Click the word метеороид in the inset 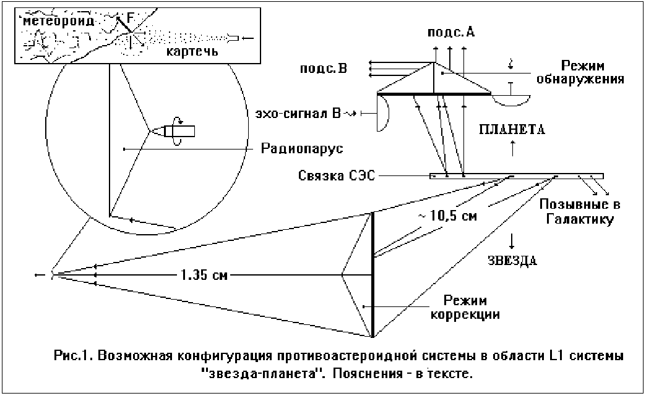[x=59, y=22]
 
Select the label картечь [x=192, y=50]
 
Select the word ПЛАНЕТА [x=511, y=130]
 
